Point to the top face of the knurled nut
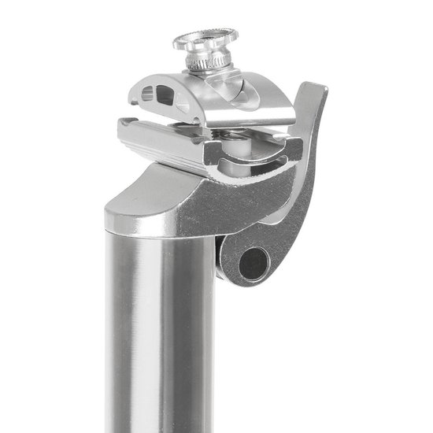click(x=205, y=34)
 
